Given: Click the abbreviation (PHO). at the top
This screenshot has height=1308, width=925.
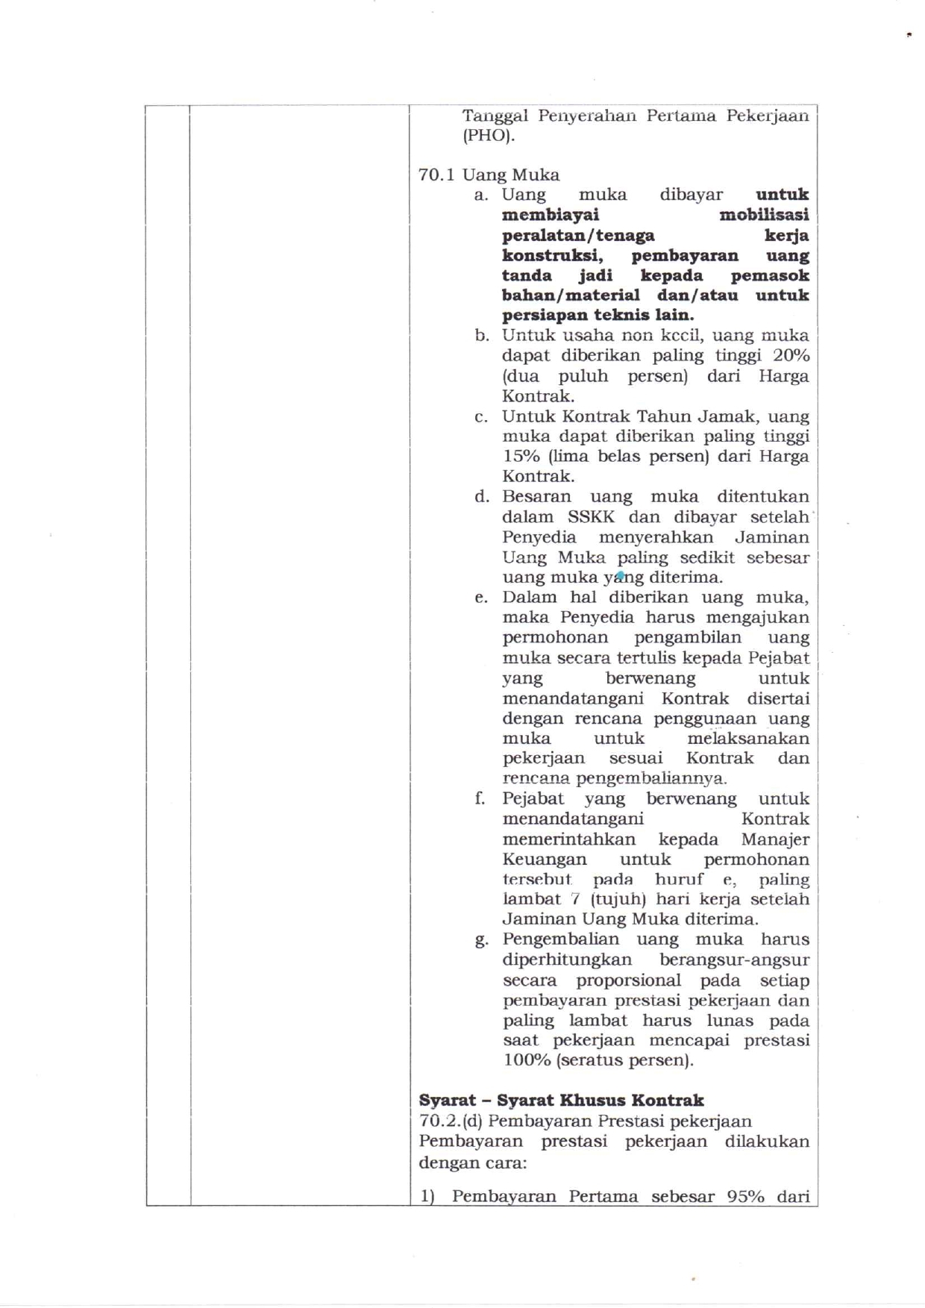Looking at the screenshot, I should pos(488,136).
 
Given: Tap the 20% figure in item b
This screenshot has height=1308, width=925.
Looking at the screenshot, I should pos(791,355).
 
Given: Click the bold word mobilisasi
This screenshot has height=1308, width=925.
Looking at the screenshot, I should pos(764,215).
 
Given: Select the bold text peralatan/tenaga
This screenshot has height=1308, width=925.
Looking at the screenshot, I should pos(578,235).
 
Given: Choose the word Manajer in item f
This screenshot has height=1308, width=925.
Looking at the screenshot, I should pos(775,839).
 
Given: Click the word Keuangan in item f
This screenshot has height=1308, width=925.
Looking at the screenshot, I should pos(545,859).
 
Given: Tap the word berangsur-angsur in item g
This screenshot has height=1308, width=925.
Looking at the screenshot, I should pos(734,960).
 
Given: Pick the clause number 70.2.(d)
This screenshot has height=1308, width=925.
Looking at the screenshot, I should pos(450,1121).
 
